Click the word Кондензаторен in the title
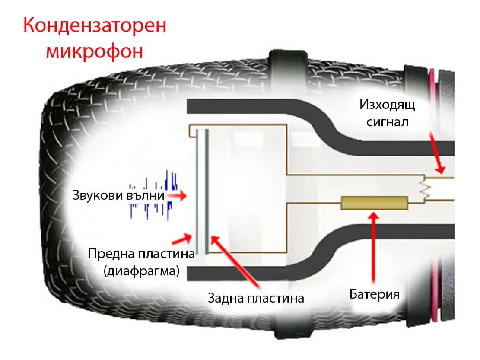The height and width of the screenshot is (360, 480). click(x=94, y=25)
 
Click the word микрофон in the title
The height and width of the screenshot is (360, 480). click(x=94, y=51)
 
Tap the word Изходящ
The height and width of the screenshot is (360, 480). click(x=387, y=105)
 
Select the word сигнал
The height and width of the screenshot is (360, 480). click(x=387, y=121)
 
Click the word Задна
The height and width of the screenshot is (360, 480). click(x=226, y=298)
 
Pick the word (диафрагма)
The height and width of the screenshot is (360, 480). click(x=141, y=271)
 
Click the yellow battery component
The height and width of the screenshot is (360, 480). click(x=374, y=202)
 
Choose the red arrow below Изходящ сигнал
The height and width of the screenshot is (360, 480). click(x=436, y=153)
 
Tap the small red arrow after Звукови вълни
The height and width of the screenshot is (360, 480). click(x=177, y=196)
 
